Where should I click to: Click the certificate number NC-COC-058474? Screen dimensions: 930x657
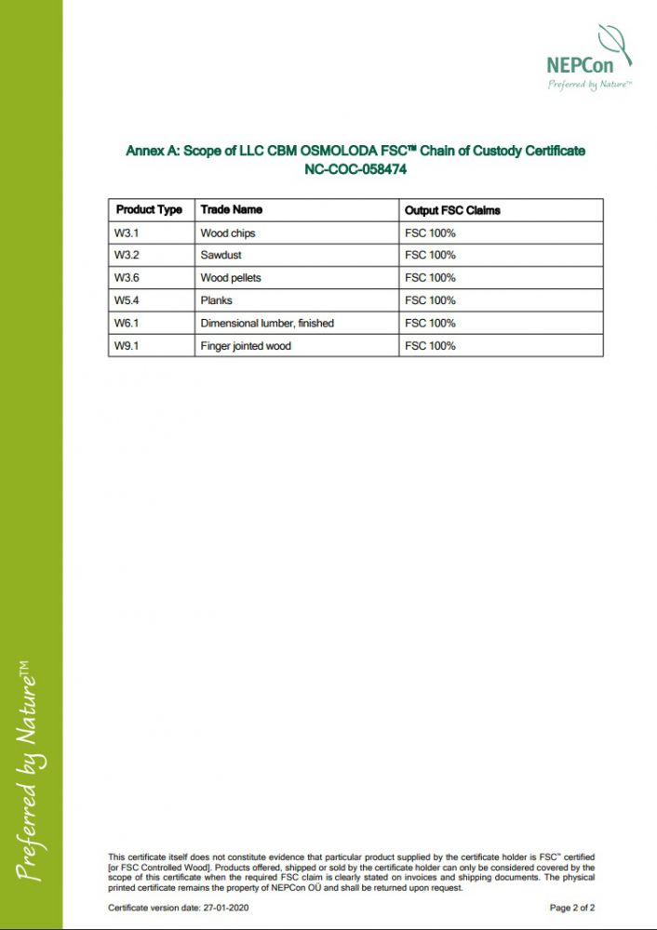(x=355, y=170)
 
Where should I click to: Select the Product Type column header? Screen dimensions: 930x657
(x=149, y=210)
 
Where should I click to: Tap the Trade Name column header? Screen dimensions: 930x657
(x=232, y=210)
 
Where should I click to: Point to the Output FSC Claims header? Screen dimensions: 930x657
(x=452, y=210)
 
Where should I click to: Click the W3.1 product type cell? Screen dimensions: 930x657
(x=127, y=232)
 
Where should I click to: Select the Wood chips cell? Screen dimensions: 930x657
(x=228, y=232)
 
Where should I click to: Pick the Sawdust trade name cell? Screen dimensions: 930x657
(x=221, y=255)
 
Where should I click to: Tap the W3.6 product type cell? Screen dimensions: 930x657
(x=127, y=278)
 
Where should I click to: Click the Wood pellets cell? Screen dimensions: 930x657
(x=231, y=278)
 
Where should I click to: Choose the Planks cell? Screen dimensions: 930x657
(x=216, y=300)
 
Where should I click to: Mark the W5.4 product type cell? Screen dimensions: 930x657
(x=127, y=300)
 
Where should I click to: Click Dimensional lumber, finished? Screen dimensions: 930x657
(x=267, y=323)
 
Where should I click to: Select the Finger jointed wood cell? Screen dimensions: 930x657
(x=246, y=346)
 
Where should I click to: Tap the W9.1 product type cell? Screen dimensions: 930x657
(x=127, y=346)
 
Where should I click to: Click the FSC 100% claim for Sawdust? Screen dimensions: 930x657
(x=430, y=255)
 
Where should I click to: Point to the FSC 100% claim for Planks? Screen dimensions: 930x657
(x=430, y=300)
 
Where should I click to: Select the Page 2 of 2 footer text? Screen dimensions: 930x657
(x=572, y=908)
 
